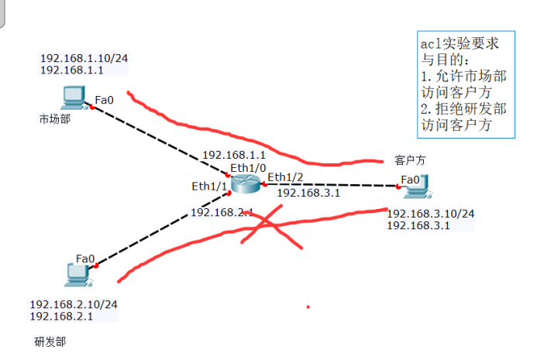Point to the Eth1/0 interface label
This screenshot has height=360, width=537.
pos(248,167)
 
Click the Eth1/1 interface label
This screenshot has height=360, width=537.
pos(209,186)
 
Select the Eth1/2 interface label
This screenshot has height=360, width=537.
pos(285,177)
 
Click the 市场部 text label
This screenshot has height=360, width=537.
pos(54,119)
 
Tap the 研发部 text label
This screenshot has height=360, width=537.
pos(50,341)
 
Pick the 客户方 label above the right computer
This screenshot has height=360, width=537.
pos(409,161)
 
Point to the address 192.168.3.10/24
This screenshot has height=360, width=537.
pos(431,214)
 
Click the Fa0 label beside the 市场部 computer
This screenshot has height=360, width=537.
pos(104,99)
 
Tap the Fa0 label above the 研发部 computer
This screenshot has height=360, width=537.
pos(85,259)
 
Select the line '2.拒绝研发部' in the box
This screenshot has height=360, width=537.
pos(463,108)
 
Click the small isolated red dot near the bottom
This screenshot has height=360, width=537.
pos(308,307)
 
